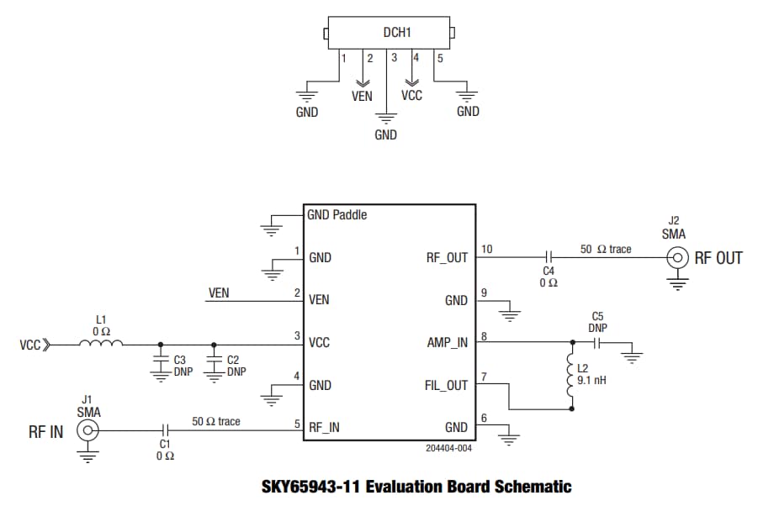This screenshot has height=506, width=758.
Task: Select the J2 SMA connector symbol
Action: tap(675, 257)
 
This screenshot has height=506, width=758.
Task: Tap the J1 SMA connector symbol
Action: tap(87, 431)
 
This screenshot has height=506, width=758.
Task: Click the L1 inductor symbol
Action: tap(101, 343)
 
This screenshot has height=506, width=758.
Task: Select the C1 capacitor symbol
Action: tap(165, 431)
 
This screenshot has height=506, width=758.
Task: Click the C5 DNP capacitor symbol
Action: tap(599, 343)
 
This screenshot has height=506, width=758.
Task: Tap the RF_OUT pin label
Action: tap(447, 258)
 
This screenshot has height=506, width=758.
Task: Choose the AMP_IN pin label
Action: tap(447, 343)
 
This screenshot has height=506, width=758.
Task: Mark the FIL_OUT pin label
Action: tap(447, 386)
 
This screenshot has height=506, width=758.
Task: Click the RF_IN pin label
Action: tap(325, 427)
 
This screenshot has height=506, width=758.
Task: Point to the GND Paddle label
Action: tap(337, 214)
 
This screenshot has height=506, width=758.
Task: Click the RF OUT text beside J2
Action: tap(718, 258)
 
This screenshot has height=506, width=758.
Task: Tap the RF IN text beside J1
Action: tap(45, 432)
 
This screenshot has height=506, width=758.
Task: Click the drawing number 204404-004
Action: tap(448, 449)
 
